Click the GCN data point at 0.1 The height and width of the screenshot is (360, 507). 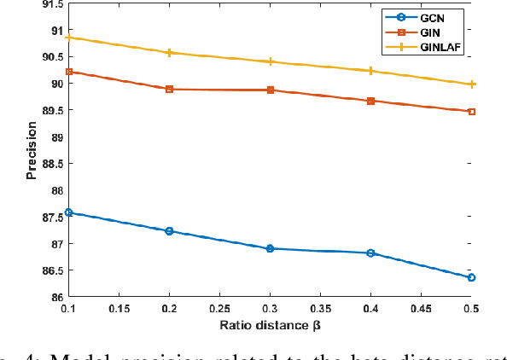click(69, 212)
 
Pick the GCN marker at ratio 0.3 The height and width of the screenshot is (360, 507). click(271, 248)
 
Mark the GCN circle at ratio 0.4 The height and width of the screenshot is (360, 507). click(370, 253)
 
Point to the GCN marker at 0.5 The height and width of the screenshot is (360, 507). click(471, 277)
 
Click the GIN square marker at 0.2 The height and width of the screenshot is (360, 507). click(170, 89)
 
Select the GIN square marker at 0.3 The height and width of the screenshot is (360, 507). click(271, 90)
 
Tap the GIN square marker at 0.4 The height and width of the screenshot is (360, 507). click(370, 101)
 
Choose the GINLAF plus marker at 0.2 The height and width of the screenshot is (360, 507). click(170, 53)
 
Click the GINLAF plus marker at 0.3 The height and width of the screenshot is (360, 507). click(271, 61)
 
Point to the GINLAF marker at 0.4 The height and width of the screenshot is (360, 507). click(370, 71)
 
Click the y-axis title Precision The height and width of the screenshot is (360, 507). click(32, 150)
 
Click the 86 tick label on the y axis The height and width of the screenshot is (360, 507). click(54, 297)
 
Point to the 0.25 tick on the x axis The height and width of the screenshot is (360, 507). click(220, 309)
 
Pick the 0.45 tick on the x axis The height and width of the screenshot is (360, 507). click(421, 309)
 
